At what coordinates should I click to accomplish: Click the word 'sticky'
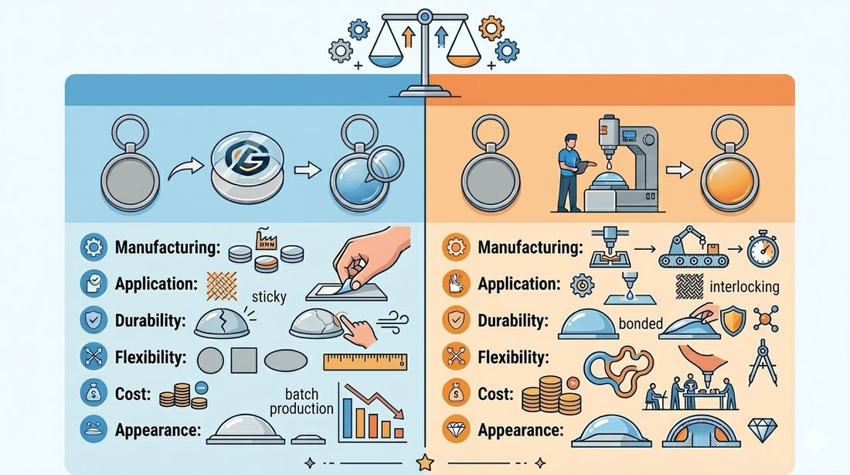(x=269, y=297)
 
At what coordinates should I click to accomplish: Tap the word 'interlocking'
(x=744, y=287)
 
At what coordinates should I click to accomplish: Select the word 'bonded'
(x=641, y=323)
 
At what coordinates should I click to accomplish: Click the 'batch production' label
(x=301, y=402)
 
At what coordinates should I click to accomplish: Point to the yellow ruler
(x=365, y=361)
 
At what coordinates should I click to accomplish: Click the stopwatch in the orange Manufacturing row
(x=763, y=248)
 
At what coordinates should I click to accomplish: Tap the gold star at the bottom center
(x=425, y=463)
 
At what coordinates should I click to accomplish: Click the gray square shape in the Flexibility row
(x=244, y=361)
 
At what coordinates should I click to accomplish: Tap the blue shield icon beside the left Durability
(x=93, y=320)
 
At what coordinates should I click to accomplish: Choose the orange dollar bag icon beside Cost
(x=456, y=394)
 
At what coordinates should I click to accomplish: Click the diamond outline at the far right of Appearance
(x=763, y=429)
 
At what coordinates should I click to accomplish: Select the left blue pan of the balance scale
(x=386, y=59)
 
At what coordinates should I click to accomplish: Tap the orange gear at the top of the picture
(x=491, y=28)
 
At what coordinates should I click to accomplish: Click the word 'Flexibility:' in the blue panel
(x=151, y=357)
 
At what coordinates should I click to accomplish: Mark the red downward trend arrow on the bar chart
(x=374, y=402)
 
